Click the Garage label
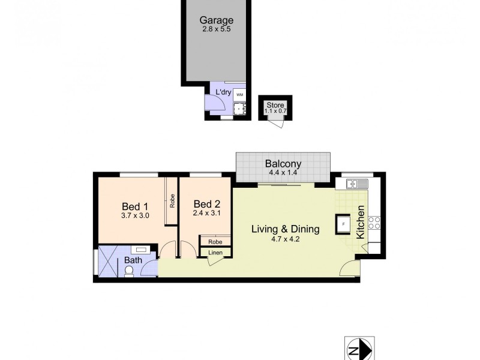(x=217, y=20)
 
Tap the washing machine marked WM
(x=239, y=95)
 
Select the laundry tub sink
(x=239, y=108)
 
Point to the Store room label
(x=275, y=105)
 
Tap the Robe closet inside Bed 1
(x=172, y=200)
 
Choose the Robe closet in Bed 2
(x=215, y=241)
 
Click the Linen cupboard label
(x=215, y=253)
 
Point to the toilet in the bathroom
(x=128, y=271)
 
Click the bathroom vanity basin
(x=142, y=248)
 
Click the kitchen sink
(x=354, y=184)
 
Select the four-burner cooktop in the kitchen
(x=374, y=223)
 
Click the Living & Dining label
(x=285, y=229)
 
